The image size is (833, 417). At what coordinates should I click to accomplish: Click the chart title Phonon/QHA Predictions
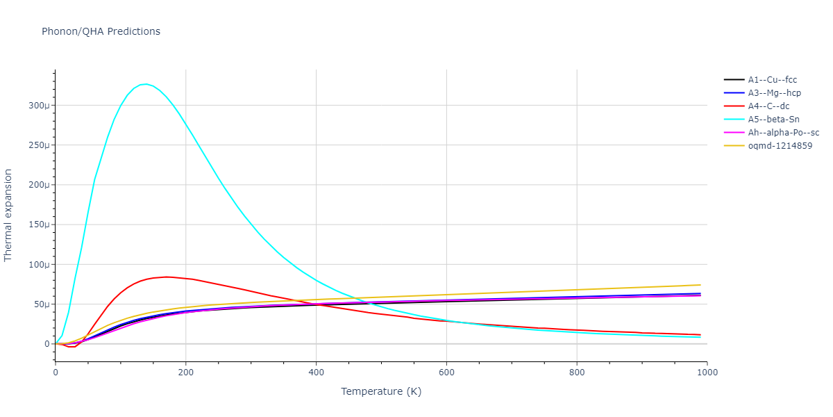click(x=101, y=31)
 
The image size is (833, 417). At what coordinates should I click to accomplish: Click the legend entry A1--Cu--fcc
click(x=772, y=80)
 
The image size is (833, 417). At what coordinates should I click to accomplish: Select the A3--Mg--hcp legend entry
click(x=773, y=93)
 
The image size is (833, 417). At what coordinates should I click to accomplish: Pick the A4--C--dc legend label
click(x=768, y=106)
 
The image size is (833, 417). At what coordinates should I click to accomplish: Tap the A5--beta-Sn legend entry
click(x=773, y=120)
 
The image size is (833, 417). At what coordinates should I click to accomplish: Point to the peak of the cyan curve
click(x=144, y=84)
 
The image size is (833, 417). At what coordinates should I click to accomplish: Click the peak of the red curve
click(x=167, y=277)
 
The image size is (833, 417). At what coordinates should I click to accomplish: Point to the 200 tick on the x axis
click(x=185, y=372)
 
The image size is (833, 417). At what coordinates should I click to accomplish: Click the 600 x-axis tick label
click(x=446, y=372)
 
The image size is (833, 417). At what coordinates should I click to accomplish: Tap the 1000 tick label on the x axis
click(x=707, y=372)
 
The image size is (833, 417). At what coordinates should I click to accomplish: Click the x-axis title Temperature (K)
click(x=381, y=391)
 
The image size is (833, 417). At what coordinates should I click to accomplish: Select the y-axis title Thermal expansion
click(x=8, y=215)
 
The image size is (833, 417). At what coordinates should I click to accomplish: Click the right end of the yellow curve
click(x=700, y=284)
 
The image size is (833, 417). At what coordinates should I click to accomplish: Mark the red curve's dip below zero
click(x=71, y=346)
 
